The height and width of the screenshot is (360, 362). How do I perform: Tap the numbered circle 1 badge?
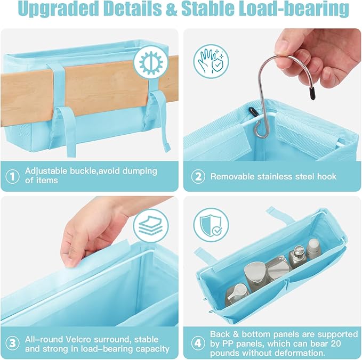tap(12, 176)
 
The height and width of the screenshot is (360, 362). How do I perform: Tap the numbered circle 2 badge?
tap(197, 176)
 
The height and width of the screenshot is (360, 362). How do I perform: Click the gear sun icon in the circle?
tap(153, 63)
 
